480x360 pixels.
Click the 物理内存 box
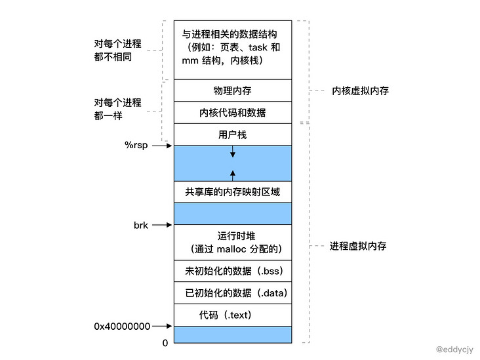[233, 90]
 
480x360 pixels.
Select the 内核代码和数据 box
[233, 112]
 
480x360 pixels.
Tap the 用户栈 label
[233, 134]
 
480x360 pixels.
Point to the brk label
[141, 225]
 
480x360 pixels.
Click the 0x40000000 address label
[122, 326]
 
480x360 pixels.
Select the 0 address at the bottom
[165, 342]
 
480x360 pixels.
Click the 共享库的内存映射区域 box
[233, 191]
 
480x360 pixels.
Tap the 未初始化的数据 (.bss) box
[233, 270]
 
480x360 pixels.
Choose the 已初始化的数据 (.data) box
[233, 292]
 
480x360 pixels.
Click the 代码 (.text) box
[233, 315]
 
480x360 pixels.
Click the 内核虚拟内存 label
[360, 90]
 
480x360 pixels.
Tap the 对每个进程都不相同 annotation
[118, 50]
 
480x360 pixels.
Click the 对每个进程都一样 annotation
[118, 109]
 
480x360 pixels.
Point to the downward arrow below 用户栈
[233, 152]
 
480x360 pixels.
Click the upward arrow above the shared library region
[233, 174]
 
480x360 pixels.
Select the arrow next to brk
[162, 225]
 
